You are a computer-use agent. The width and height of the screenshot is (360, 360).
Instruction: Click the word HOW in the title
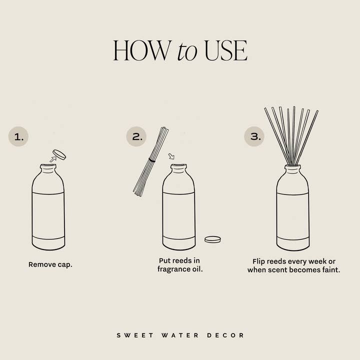142,50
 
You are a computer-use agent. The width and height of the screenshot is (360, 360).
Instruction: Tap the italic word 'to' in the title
187,51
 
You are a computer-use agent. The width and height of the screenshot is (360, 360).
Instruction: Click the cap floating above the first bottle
60,154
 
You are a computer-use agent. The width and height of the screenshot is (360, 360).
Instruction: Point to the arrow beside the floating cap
52,159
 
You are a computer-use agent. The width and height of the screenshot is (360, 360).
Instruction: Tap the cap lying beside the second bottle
212,239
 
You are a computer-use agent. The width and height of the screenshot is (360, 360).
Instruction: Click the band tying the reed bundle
152,160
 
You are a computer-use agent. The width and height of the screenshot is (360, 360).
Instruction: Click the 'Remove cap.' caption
50,264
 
